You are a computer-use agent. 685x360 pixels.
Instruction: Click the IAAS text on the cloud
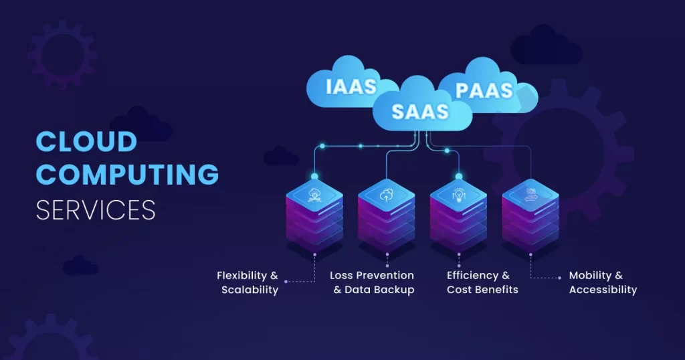coord(351,88)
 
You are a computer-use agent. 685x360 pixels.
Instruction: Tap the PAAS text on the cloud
coord(484,90)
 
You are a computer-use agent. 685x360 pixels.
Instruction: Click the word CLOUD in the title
coord(86,142)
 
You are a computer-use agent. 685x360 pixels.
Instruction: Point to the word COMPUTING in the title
coord(127,175)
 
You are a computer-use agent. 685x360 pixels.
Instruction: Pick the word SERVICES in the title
coord(96,209)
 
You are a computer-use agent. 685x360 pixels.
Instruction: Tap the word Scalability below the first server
coord(250,290)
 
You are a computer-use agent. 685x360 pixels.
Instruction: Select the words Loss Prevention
coord(372,276)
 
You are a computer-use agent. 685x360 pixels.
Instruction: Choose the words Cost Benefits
coord(482,290)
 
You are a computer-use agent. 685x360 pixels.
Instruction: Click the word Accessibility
coord(603,290)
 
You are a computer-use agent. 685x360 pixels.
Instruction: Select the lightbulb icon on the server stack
coord(458,195)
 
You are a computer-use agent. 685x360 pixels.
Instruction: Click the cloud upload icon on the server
coord(386,195)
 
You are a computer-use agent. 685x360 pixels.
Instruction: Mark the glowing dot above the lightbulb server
coord(459,177)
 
